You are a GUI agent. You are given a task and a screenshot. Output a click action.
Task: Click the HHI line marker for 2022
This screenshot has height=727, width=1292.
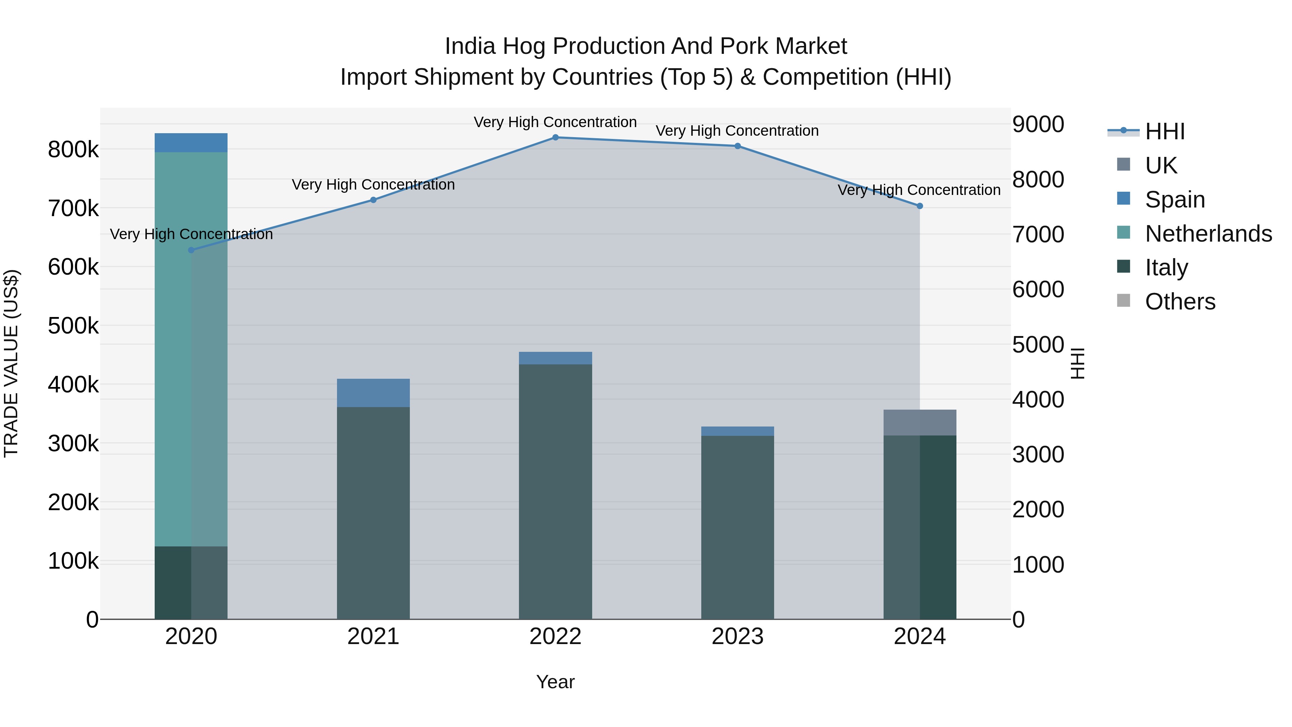pos(555,138)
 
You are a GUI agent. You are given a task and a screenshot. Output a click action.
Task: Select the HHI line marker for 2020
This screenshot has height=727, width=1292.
pos(191,250)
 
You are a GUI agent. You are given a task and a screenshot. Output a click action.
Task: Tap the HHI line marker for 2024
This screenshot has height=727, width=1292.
pos(919,206)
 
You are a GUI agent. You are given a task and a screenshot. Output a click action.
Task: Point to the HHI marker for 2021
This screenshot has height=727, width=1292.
pos(373,200)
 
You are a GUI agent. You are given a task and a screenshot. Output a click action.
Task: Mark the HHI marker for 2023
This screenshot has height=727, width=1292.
pos(737,146)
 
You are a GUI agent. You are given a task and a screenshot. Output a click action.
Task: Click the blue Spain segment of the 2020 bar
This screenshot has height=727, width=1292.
pos(191,143)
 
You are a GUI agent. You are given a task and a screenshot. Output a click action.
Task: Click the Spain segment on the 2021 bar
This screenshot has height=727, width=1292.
pos(373,393)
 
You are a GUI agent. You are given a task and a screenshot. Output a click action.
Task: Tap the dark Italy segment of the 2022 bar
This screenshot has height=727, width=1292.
pos(555,492)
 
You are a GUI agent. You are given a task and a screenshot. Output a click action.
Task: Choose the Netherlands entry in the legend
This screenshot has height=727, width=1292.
pos(1208,234)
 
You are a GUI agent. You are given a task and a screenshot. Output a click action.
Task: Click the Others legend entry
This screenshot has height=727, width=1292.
pos(1180,302)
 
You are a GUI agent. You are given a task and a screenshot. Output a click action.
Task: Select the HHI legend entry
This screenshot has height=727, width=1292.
pos(1164,131)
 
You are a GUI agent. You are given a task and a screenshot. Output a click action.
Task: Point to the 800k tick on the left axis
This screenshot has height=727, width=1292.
pos(73,149)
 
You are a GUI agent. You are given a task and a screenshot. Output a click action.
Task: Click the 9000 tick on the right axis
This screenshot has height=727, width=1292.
pos(1038,125)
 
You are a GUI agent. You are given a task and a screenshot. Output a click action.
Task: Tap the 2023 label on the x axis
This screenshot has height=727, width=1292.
pos(737,637)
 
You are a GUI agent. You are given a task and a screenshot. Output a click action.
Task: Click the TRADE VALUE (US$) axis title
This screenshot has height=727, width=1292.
pos(11,363)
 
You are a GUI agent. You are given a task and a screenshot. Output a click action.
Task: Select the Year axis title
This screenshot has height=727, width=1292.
pos(555,682)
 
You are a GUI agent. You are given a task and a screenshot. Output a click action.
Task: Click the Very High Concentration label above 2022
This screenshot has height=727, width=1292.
pos(555,122)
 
